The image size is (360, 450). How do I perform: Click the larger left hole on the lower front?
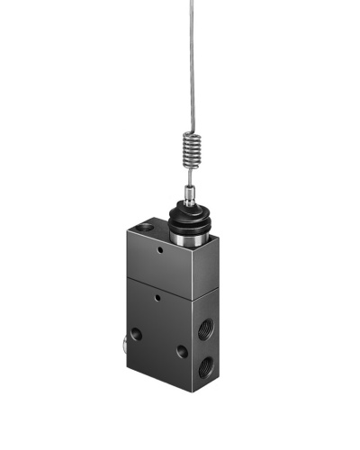pyautogui.click(x=136, y=334)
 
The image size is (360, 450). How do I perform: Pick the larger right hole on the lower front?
pyautogui.click(x=183, y=352)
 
